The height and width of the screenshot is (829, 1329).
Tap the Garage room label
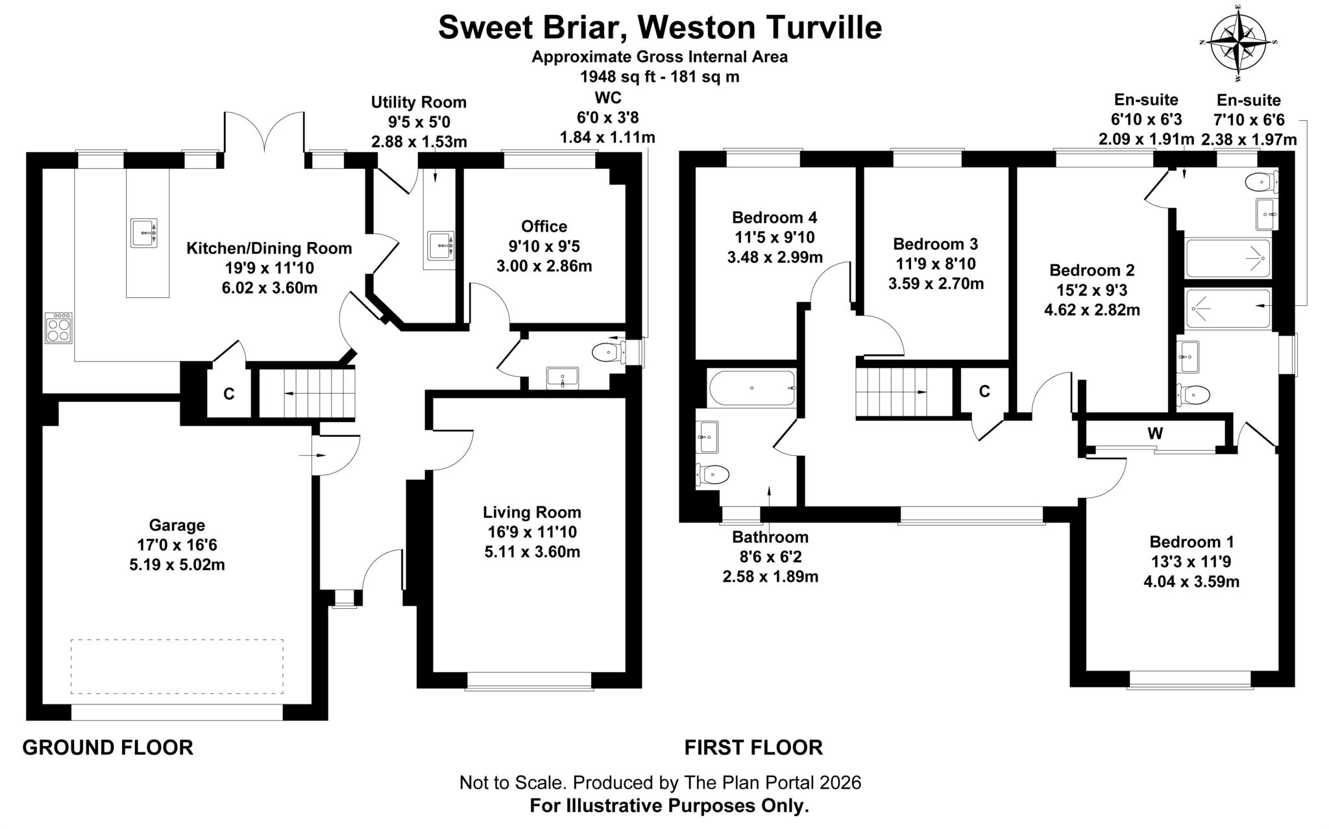(177, 525)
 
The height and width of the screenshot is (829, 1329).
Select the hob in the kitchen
(58, 328)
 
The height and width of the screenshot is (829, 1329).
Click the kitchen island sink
(143, 232)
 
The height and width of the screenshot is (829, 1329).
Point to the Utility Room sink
(441, 245)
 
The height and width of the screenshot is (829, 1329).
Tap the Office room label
(544, 227)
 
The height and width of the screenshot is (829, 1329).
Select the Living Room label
(531, 513)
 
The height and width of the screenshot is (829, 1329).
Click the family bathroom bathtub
(751, 388)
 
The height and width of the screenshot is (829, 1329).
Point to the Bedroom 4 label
(774, 217)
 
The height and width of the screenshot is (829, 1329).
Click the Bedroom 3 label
(935, 244)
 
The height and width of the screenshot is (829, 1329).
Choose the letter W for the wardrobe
(1154, 433)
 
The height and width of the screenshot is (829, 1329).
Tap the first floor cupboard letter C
(984, 391)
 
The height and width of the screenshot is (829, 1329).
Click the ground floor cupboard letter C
(228, 394)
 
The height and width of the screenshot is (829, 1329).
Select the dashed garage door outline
(177, 667)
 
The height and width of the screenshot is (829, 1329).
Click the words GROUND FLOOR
(108, 747)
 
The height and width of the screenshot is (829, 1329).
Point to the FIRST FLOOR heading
(753, 747)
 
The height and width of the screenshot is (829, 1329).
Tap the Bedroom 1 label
(1191, 542)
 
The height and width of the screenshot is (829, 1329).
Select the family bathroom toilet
(714, 474)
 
